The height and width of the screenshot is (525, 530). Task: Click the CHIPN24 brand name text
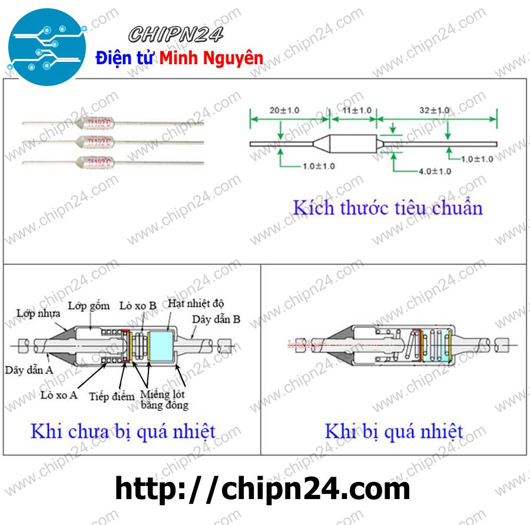tap(176, 35)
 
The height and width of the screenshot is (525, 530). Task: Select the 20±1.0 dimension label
tap(284, 110)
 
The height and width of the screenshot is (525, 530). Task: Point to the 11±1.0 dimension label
tap(357, 110)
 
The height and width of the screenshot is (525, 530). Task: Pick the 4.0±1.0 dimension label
tap(435, 171)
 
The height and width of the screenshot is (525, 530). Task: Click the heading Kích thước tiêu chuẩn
tap(387, 207)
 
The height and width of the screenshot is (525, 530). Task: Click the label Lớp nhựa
tap(38, 313)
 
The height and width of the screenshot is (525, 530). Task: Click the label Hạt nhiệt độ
tap(196, 303)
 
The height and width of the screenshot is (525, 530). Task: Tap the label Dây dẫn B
tap(216, 319)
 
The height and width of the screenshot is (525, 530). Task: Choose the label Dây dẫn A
tap(29, 370)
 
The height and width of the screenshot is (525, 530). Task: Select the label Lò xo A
tap(59, 395)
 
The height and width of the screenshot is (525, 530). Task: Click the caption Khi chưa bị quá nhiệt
tap(122, 431)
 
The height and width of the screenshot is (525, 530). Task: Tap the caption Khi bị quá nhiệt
tap(393, 431)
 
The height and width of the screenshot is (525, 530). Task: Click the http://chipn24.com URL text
tap(262, 488)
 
